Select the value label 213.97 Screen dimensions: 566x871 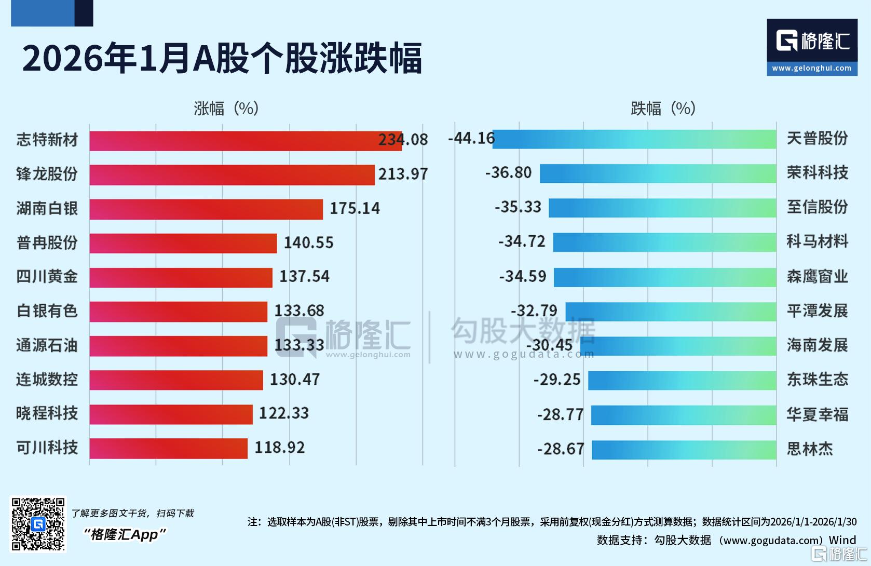pos(403,174)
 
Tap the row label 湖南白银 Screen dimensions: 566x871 pos(47,208)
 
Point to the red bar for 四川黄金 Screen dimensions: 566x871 pos(181,277)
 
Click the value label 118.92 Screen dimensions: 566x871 pos(279,448)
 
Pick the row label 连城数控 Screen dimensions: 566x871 pos(47,380)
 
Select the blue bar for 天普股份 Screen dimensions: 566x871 pos(634,139)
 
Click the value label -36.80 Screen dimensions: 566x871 pos(508,172)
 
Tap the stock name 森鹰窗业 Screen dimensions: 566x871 pos(817,276)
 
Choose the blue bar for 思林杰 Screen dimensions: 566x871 pos(684,450)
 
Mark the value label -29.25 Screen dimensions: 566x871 pos(556,380)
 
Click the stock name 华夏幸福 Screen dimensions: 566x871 pos(817,414)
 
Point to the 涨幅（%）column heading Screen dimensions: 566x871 pos(226,109)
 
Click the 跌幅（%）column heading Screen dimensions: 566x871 pos(663,109)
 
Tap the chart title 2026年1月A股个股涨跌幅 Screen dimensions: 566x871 pos(222,59)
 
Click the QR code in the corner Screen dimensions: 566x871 pos(38,524)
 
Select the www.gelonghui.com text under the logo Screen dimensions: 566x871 pos(811,68)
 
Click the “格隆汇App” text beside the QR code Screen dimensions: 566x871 pos(125,534)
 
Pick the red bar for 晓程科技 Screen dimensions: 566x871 pos(171,414)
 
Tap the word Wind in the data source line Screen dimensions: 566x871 pos(842,540)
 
